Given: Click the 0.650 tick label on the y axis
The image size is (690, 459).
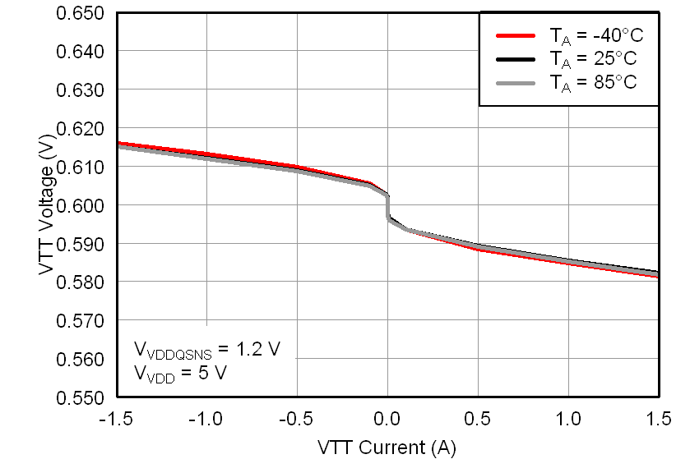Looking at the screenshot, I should [x=80, y=13].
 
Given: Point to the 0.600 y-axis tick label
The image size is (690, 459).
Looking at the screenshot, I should [x=80, y=205].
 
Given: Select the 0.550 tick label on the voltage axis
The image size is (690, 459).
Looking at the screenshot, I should [x=80, y=397].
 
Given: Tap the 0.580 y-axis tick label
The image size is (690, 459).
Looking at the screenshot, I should [x=80, y=282].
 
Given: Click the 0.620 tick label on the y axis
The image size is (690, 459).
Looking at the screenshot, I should [x=80, y=129].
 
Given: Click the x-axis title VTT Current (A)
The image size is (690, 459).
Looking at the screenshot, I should [x=387, y=447].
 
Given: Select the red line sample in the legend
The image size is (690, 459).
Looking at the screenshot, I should [x=516, y=36].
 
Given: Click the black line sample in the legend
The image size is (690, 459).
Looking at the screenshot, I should [x=516, y=59].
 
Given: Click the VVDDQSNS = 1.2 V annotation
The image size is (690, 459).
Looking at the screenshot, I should [x=207, y=350].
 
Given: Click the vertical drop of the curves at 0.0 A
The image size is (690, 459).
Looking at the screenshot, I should [x=388, y=208].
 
